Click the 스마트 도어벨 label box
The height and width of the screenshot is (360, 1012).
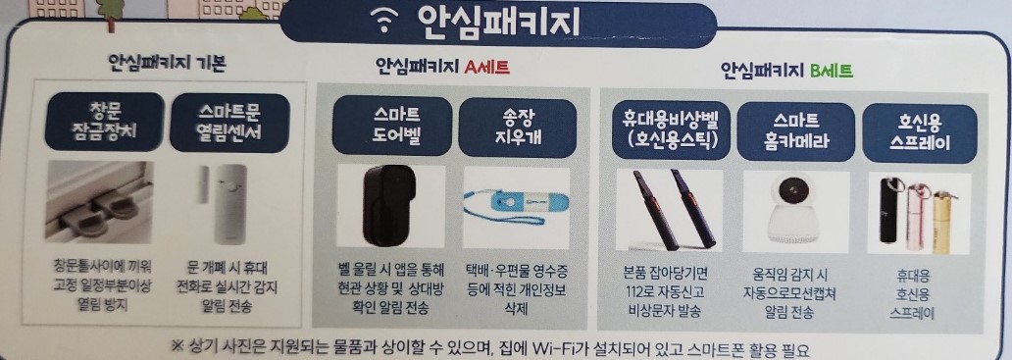point(390,127)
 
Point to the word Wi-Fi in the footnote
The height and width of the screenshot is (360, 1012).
point(554,348)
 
